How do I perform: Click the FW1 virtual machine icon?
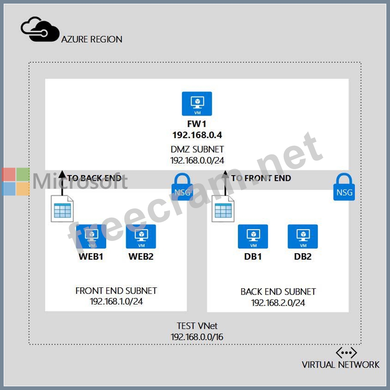coord(197,104)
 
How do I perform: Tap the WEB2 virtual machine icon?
coord(141,236)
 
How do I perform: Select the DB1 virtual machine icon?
coord(253,236)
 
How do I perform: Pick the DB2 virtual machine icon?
coord(302,236)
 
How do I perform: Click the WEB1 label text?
coord(91,256)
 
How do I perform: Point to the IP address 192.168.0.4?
coord(197,135)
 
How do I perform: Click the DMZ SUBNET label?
coord(197,149)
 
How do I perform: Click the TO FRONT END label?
coord(261,178)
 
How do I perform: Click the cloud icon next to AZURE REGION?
coord(40,30)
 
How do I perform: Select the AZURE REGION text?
coord(92,39)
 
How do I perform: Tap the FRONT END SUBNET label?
coord(116,291)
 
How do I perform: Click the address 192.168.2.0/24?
coord(278,303)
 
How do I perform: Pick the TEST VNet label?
coord(197,326)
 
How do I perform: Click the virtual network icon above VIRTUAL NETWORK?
coord(346,353)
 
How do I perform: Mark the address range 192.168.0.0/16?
coord(197,337)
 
